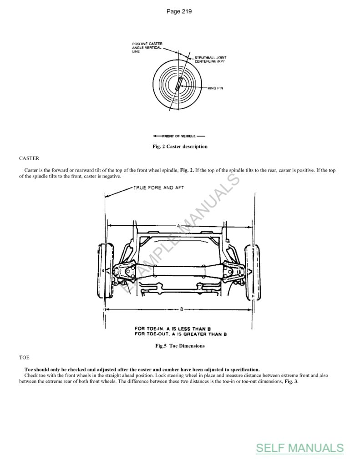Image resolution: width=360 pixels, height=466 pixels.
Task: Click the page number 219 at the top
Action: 179,11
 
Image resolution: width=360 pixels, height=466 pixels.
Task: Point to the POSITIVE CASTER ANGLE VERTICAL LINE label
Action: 147,48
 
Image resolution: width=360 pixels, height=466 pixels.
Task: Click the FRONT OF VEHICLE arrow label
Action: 179,136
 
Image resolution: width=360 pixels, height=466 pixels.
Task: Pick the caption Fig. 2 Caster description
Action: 180,147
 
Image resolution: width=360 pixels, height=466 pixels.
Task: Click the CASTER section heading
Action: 29,158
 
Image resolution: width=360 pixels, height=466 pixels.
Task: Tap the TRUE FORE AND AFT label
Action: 159,187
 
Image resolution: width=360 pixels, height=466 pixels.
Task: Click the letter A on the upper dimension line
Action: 179,226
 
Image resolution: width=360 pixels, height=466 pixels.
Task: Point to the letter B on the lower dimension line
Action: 181,309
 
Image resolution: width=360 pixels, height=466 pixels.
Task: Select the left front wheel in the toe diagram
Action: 106,271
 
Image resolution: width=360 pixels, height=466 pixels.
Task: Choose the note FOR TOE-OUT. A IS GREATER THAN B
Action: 181,334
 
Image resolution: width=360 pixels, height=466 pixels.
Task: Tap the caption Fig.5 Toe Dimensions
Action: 180,346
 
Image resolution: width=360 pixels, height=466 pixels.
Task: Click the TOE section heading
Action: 24,358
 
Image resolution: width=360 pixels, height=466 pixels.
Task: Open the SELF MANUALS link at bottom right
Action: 299,448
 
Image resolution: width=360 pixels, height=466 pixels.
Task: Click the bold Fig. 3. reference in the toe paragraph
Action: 291,381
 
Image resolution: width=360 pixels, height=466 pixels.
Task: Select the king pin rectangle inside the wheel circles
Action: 179,85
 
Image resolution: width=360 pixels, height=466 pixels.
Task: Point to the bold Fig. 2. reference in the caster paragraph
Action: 188,170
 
